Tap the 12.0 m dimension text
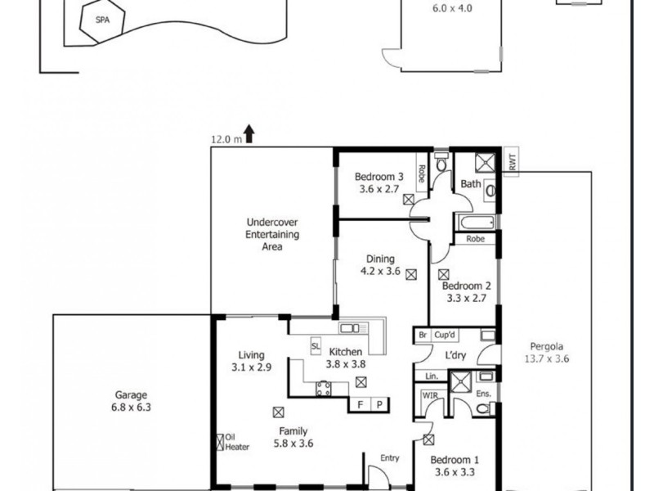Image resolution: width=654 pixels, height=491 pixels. pyautogui.click(x=226, y=139)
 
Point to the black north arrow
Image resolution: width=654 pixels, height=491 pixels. pyautogui.click(x=249, y=134)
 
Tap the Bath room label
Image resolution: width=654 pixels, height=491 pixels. pyautogui.click(x=470, y=184)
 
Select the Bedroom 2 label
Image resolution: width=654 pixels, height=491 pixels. pyautogui.click(x=466, y=292)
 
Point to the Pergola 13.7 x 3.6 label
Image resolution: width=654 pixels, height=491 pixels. pyautogui.click(x=546, y=352)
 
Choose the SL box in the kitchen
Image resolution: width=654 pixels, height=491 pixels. pyautogui.click(x=316, y=347)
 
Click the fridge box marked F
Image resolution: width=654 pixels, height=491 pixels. pyautogui.click(x=360, y=405)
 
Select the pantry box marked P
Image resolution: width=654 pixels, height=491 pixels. pyautogui.click(x=379, y=405)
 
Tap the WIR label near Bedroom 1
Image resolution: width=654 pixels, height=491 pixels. pyautogui.click(x=430, y=397)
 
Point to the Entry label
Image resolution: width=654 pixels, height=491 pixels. pyautogui.click(x=389, y=458)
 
